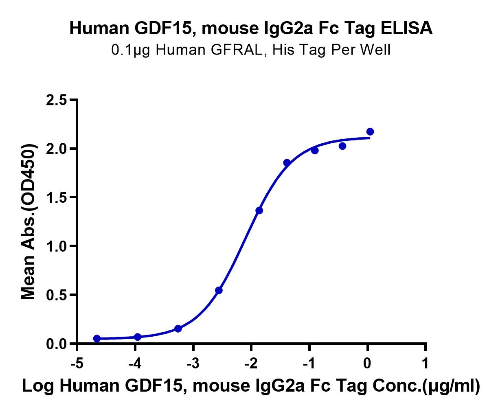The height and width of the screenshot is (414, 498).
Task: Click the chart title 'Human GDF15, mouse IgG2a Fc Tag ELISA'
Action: tap(251, 28)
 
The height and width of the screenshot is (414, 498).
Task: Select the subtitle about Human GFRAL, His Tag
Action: tap(251, 50)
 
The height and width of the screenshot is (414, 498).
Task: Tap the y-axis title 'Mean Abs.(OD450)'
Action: tap(29, 221)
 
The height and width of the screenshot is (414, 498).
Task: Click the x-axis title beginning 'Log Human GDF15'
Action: tap(251, 386)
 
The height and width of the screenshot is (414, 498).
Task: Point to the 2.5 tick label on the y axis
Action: tap(57, 100)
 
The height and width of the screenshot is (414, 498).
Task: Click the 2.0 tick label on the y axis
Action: tap(57, 149)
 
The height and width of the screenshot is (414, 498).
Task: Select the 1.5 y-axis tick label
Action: tap(57, 198)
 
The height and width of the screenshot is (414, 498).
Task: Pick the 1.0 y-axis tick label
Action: tap(57, 247)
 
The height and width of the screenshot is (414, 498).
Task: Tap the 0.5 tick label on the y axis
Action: tap(57, 295)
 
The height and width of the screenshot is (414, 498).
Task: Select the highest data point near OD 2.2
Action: tap(370, 131)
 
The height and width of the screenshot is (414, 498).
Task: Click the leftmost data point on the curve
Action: tap(97, 339)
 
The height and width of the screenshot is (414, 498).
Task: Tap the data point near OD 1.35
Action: tap(259, 210)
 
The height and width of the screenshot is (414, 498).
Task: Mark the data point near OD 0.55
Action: tap(219, 290)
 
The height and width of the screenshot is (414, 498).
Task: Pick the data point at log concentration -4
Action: tap(138, 337)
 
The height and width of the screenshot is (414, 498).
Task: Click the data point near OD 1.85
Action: tap(287, 163)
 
